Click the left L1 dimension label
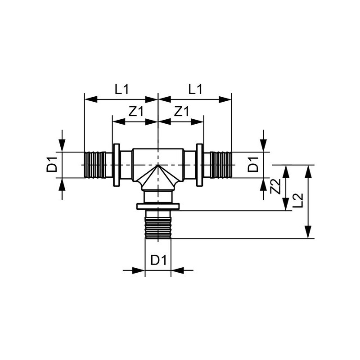coord(122,89)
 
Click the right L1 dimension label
coord(195,89)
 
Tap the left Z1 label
coord(136,111)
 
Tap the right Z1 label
coord(181,111)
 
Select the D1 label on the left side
coord(52,164)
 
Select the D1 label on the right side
coord(253,164)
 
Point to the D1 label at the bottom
coord(158,261)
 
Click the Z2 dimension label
coord(275,186)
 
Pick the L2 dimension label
coord(298,200)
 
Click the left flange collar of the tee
coord(117,165)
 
